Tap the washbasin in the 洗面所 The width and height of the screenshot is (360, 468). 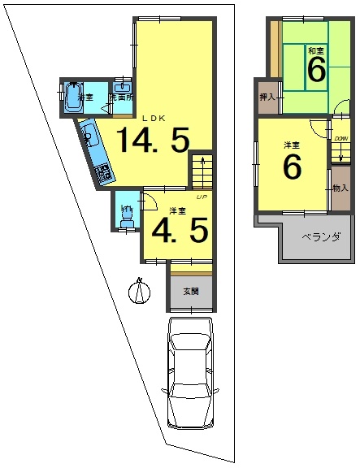pos(124,87)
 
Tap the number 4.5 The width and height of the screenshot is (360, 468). pos(180,232)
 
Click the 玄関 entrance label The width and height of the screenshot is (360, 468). pos(191,292)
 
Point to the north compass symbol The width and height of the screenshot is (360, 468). pos(140,290)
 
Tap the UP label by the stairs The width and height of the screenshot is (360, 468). pos(200,197)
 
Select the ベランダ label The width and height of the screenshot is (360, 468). pos(314,238)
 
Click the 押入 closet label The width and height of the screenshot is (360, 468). pos(267,98)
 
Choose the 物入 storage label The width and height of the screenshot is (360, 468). pos(340,188)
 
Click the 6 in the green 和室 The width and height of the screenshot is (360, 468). pos(315,71)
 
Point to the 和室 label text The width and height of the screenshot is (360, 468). pos(315,50)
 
